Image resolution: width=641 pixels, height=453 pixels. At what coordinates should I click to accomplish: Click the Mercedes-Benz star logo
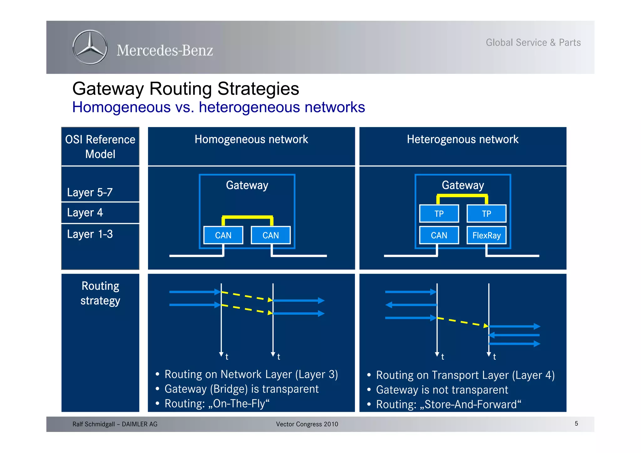point(90,48)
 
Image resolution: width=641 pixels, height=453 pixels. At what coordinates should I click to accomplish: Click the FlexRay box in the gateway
point(486,235)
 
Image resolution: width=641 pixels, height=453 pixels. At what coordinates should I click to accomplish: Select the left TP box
point(439,214)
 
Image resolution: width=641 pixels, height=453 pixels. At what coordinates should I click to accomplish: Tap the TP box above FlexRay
point(486,214)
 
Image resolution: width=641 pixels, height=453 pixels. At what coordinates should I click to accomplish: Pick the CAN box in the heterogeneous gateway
point(439,235)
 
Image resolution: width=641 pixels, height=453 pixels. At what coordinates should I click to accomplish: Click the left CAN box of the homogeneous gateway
point(223,235)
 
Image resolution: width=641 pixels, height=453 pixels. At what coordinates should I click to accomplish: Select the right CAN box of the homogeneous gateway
point(270,235)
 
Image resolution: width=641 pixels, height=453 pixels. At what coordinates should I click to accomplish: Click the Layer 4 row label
point(85,213)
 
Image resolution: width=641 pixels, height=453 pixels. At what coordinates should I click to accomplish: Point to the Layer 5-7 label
point(90,192)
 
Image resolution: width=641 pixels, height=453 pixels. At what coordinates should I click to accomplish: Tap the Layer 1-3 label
point(90,234)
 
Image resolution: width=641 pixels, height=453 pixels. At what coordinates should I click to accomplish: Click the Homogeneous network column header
point(251,139)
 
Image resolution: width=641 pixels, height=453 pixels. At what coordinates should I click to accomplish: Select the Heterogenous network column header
point(463,139)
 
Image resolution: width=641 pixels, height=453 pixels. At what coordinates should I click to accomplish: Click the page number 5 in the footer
point(576,423)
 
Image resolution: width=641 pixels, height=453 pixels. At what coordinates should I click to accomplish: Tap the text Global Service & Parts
point(533,43)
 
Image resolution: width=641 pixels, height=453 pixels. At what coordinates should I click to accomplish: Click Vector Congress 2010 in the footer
point(307,424)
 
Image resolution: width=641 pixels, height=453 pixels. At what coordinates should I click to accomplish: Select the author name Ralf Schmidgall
point(94,424)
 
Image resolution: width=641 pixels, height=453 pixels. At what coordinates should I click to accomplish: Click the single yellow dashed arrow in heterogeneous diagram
point(463,322)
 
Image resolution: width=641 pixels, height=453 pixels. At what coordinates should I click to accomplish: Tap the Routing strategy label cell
point(100,293)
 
